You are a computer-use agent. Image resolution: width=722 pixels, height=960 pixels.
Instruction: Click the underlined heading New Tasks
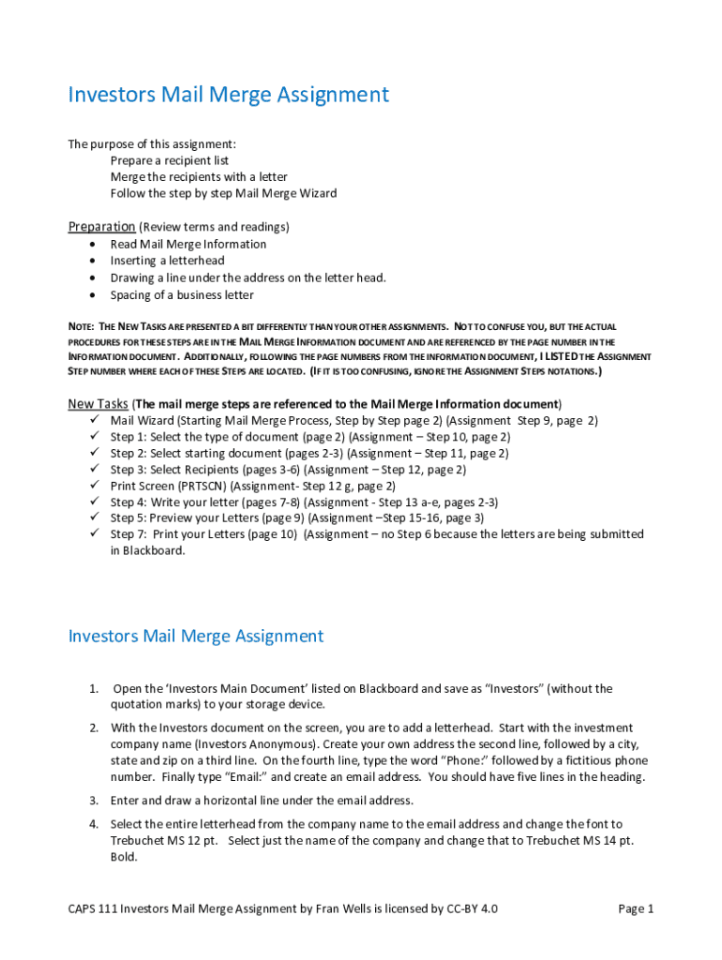click(98, 404)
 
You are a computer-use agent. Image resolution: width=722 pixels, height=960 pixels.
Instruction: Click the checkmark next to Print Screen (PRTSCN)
click(93, 487)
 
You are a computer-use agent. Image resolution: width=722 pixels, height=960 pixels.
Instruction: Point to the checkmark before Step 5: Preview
click(93, 517)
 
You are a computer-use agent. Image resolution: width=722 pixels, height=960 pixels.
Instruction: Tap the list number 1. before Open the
click(95, 689)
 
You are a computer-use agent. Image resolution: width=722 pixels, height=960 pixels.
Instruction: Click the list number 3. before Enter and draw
click(95, 801)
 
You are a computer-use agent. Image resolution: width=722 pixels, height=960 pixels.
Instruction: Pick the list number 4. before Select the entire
click(95, 824)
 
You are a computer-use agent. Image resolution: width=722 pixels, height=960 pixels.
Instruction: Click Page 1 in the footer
click(636, 908)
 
